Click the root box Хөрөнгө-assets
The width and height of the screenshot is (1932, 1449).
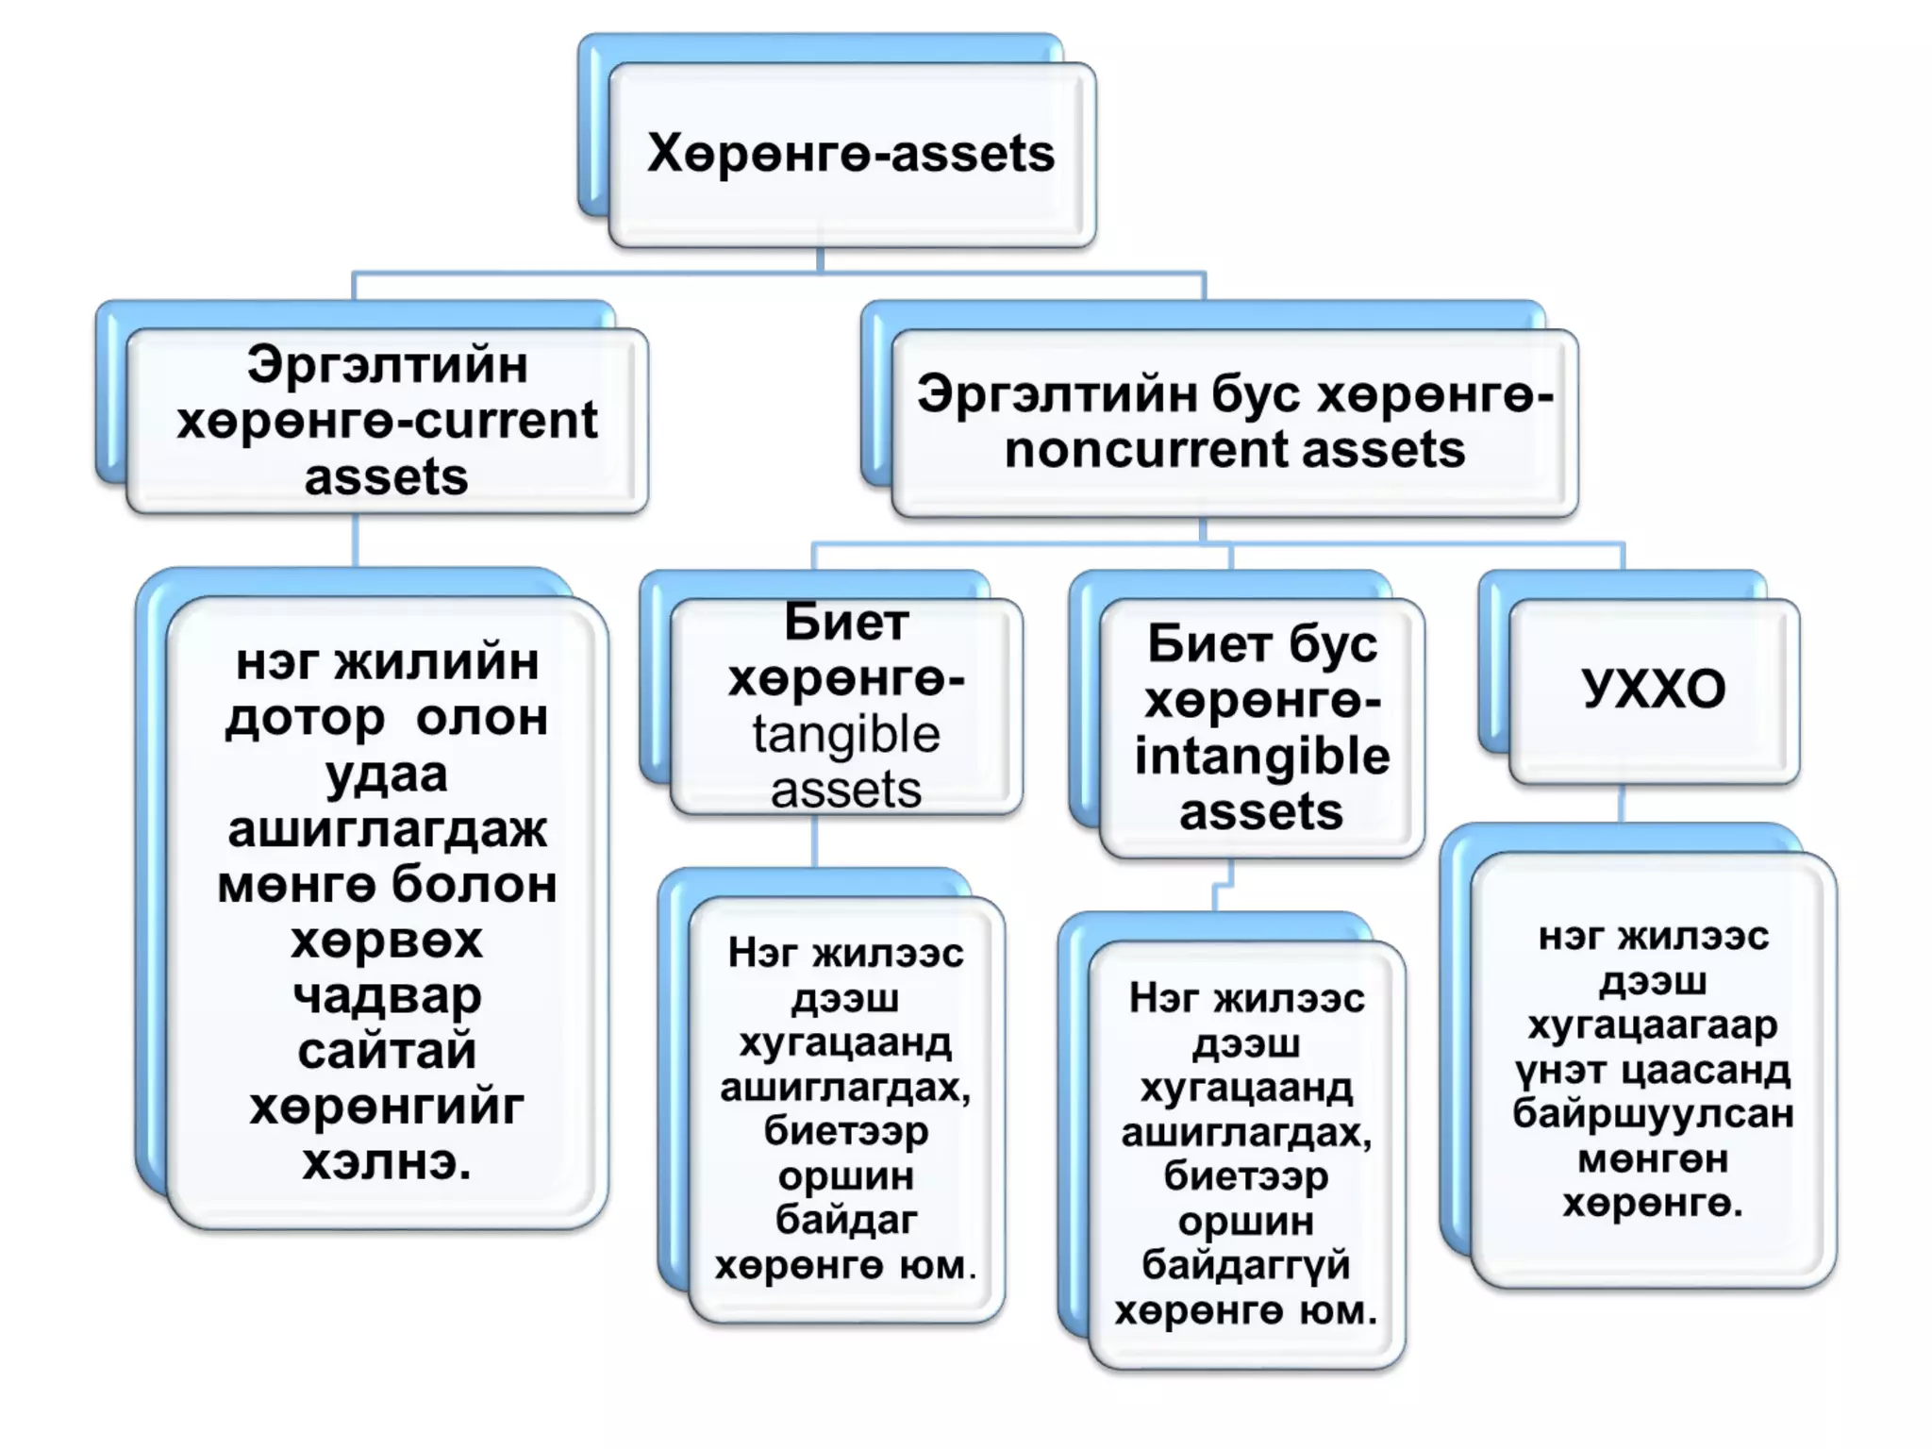coord(851,154)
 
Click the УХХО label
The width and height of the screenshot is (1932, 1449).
coord(1654,689)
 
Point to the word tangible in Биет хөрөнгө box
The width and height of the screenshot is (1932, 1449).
coord(846,735)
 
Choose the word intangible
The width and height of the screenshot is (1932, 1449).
coord(1262,758)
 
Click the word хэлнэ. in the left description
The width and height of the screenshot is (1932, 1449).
coord(387,1162)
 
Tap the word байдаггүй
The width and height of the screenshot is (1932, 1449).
coord(1246,1265)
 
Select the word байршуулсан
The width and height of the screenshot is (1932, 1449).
coord(1653,1114)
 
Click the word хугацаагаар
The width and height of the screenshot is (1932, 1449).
coord(1653,1025)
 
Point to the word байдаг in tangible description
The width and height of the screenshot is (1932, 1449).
coord(846,1220)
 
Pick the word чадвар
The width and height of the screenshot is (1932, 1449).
coord(387,996)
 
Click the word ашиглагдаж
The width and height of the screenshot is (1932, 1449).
coord(387,830)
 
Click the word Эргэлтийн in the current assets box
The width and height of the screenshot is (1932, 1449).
coord(387,365)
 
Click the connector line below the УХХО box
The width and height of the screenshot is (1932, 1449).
coord(1622,804)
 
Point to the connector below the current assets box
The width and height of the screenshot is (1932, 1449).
coord(356,540)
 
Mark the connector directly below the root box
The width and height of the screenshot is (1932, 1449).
coord(820,259)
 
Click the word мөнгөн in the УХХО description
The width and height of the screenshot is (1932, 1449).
coord(1653,1158)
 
